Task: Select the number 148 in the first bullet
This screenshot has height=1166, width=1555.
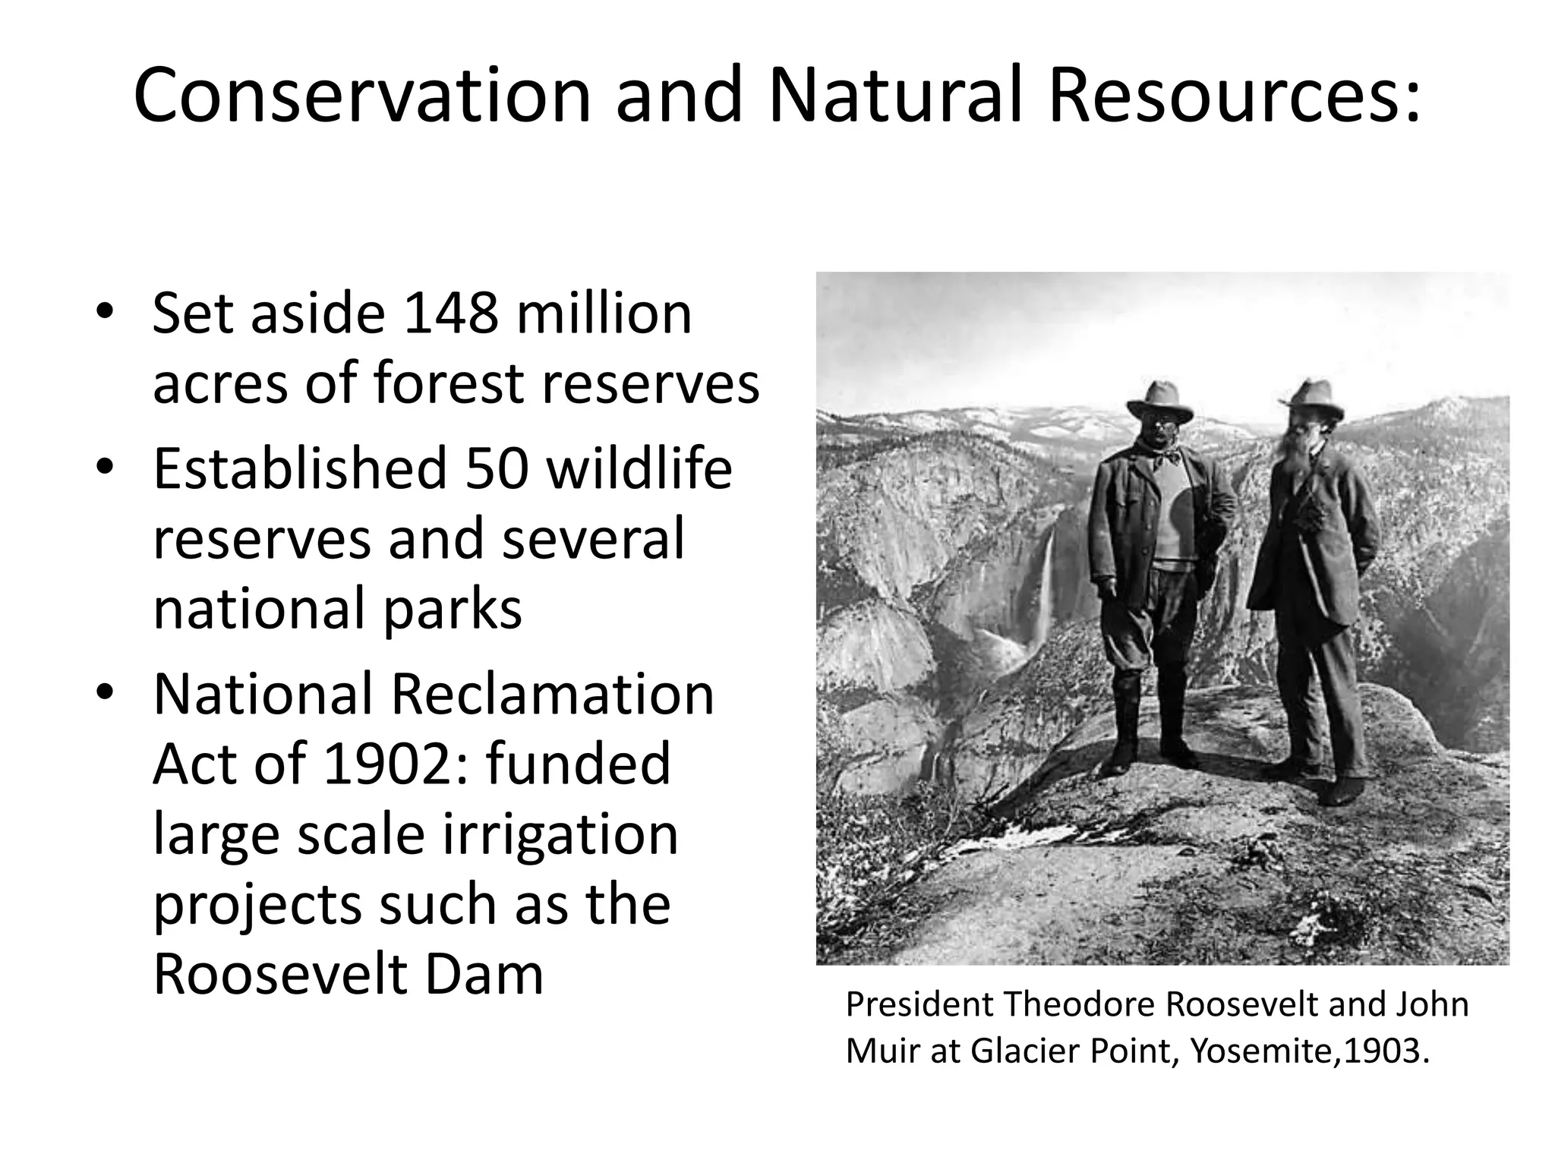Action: [x=451, y=314]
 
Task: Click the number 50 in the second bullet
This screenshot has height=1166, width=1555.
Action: [x=497, y=468]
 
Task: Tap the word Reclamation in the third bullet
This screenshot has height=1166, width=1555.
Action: [x=551, y=695]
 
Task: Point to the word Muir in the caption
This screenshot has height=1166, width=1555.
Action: [x=879, y=1051]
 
